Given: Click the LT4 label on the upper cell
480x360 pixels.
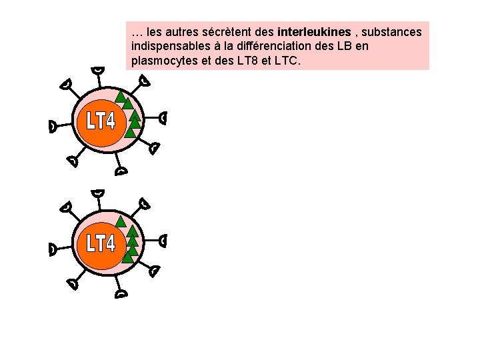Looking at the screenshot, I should [x=101, y=121].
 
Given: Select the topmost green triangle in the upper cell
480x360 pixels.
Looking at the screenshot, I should [x=121, y=96].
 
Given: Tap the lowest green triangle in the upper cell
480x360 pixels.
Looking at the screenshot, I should [x=131, y=132].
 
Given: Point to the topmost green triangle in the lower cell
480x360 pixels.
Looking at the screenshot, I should [x=121, y=221].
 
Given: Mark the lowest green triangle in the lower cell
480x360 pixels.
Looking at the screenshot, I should [x=128, y=256].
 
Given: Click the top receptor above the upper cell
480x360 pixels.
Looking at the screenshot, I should [x=99, y=70].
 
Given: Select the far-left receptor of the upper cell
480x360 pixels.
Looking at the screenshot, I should [x=53, y=125].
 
